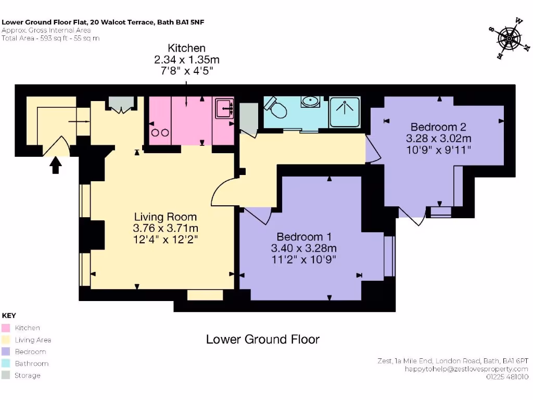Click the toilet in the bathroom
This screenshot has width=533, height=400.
[x=276, y=107]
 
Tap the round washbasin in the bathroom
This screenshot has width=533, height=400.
[x=310, y=101]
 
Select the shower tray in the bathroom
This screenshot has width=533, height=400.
[x=345, y=112]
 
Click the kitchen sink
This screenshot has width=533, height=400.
[x=224, y=108]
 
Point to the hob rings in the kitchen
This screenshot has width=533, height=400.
[x=160, y=133]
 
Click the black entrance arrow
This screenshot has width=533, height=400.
[x=56, y=165]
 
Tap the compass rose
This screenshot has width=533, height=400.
[x=509, y=39]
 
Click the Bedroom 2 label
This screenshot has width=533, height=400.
[x=438, y=127]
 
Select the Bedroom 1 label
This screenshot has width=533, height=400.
[x=304, y=236]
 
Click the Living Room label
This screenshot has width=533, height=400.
[x=165, y=217]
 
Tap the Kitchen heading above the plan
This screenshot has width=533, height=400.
[x=187, y=48]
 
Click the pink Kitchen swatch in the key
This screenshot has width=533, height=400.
[x=6, y=328]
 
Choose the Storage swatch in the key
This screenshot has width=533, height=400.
[x=6, y=375]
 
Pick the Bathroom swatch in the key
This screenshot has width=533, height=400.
[x=6, y=363]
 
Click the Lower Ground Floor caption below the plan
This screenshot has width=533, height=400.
[x=263, y=339]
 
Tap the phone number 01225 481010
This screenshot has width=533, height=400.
[x=507, y=377]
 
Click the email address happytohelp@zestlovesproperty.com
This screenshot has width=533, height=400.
[x=466, y=369]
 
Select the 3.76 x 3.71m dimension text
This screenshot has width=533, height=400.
[x=166, y=228]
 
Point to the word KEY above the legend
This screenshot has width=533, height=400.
[x=9, y=315]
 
